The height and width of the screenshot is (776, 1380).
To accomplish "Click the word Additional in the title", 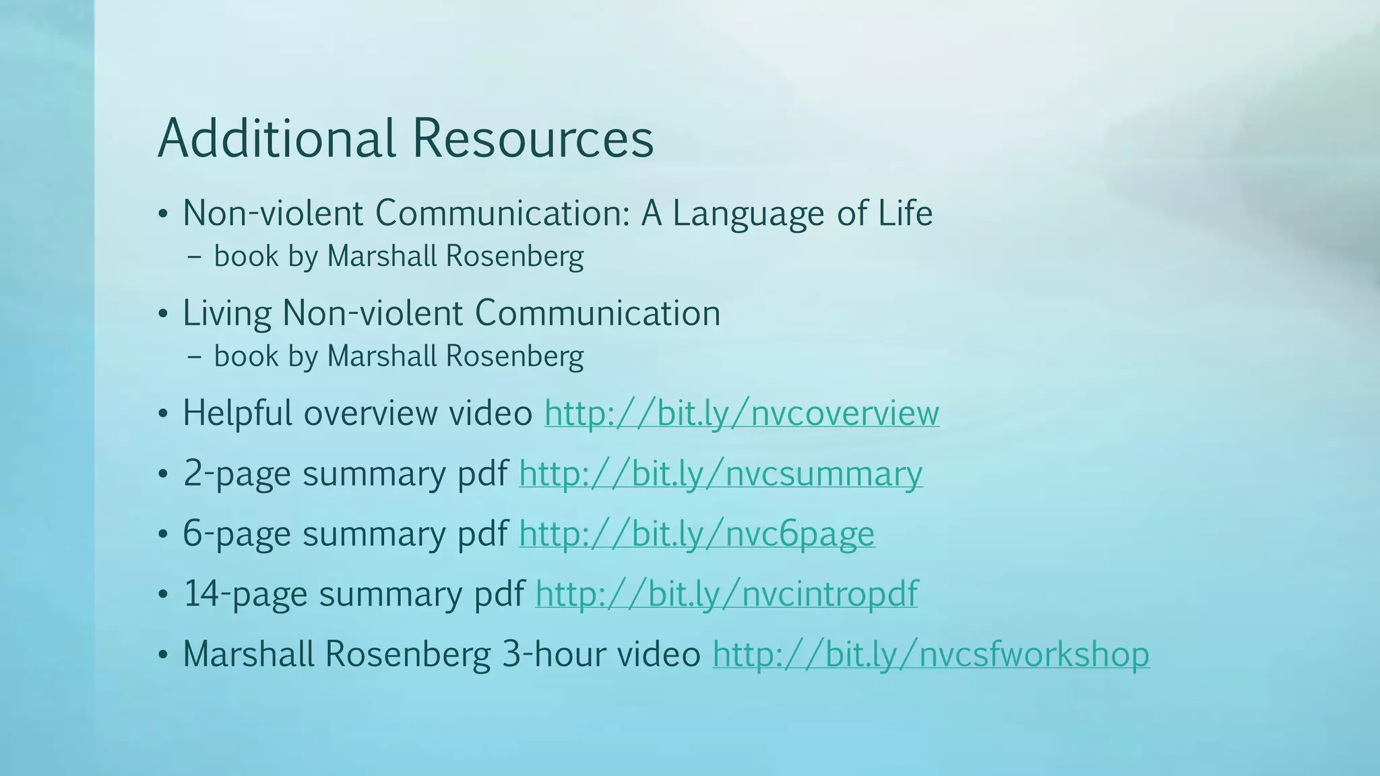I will click(276, 138).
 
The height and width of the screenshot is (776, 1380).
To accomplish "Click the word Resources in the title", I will click(532, 138).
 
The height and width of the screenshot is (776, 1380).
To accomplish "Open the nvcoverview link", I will click(741, 413).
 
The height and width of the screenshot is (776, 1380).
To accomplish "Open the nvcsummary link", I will click(720, 473).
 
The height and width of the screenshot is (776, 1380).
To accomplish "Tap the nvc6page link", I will click(697, 533).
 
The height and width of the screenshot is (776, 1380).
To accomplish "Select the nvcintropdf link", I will click(726, 593).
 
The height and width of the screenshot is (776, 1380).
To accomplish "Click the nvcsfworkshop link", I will click(931, 654).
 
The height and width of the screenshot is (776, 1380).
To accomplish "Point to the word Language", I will click(749, 214).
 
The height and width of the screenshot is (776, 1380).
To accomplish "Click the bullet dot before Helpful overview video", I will click(162, 414).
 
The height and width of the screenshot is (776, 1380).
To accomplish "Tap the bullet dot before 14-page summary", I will click(162, 595).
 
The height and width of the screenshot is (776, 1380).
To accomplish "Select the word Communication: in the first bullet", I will click(505, 213).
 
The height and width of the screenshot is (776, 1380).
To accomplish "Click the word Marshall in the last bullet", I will click(249, 654).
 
